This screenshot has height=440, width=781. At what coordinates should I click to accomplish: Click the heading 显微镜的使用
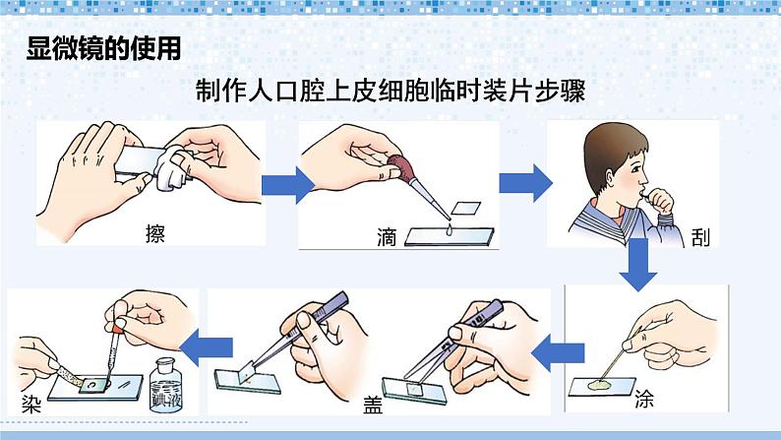pyautogui.click(x=103, y=50)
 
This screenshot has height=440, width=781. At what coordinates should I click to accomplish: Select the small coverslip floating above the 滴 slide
pyautogui.click(x=465, y=208)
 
